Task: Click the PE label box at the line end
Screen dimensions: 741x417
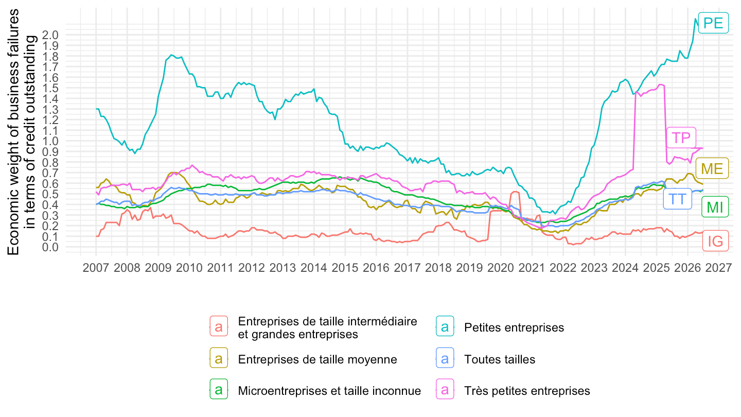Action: (x=713, y=23)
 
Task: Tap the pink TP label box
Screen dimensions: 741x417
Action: (x=681, y=137)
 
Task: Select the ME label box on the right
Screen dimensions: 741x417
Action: (x=712, y=168)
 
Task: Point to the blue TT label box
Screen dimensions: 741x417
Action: (x=678, y=199)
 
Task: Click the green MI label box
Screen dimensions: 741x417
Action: (x=715, y=207)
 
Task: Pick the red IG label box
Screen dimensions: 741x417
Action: (x=715, y=241)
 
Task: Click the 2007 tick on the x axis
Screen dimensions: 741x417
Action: (x=96, y=267)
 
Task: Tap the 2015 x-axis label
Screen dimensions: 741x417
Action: (x=345, y=267)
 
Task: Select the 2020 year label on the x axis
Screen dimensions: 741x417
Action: (x=501, y=267)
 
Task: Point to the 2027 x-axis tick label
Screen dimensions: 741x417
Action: (x=718, y=267)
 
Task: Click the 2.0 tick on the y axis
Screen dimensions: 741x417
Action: (x=50, y=35)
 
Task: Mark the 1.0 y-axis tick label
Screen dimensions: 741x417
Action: (x=50, y=141)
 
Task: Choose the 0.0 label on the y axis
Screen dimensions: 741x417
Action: (x=50, y=247)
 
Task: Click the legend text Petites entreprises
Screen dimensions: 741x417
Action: (x=514, y=327)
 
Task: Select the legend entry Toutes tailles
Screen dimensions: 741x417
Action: (x=500, y=359)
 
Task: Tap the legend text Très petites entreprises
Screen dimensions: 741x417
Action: (x=527, y=391)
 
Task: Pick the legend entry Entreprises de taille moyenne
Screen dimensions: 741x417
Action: (x=317, y=359)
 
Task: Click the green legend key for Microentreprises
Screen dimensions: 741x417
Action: (x=219, y=389)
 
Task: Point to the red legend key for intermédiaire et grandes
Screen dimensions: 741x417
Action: (x=219, y=326)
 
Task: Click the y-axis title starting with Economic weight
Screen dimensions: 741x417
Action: (x=22, y=132)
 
